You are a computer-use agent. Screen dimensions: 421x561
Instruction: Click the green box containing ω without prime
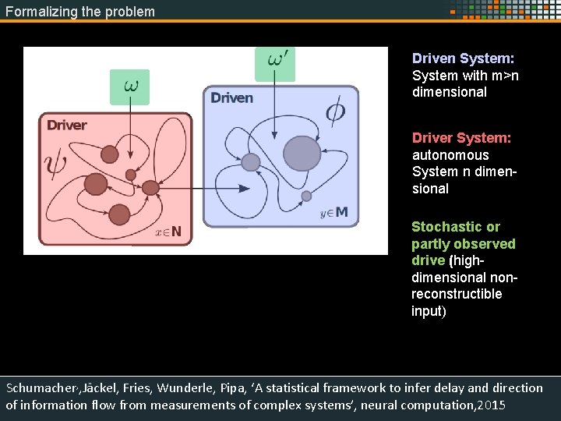129,87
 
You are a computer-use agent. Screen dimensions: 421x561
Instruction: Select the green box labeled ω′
275,62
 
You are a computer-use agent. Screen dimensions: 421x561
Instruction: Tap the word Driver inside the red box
67,126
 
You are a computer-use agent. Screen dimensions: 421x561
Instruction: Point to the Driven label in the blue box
232,97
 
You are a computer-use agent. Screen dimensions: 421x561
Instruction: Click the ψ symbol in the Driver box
56,166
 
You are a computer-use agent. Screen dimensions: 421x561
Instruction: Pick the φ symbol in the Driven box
335,113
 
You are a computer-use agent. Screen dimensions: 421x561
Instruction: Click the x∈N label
168,232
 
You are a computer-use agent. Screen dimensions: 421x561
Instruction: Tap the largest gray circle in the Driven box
302,153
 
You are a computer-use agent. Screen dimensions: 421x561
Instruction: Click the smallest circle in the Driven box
306,196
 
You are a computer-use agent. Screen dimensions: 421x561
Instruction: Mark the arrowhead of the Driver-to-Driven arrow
245,188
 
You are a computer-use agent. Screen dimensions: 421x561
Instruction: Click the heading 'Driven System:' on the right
463,58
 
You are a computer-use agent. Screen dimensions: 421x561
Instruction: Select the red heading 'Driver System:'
461,138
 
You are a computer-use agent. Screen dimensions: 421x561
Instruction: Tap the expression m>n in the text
505,76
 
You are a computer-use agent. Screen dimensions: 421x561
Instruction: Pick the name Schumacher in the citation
44,388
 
